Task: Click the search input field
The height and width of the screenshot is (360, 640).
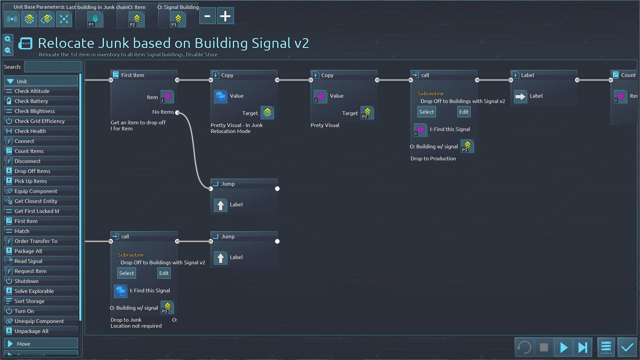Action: pyautogui.click(x=53, y=67)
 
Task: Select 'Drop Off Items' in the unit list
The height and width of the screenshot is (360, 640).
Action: pyautogui.click(x=32, y=171)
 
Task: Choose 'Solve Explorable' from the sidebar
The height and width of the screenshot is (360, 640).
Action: pyautogui.click(x=34, y=291)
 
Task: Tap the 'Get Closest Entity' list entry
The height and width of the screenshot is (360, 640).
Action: pyautogui.click(x=36, y=201)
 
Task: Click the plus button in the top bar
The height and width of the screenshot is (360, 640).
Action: pyautogui.click(x=225, y=16)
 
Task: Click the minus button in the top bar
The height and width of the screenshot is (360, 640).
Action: pyautogui.click(x=207, y=16)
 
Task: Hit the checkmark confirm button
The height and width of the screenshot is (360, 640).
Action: pyautogui.click(x=627, y=347)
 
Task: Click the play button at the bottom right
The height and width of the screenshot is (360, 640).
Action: pyautogui.click(x=563, y=347)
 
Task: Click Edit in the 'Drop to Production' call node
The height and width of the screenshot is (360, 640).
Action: pyautogui.click(x=464, y=112)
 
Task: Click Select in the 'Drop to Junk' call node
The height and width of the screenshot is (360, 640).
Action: pyautogui.click(x=127, y=273)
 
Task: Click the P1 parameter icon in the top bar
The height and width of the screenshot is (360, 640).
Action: pyautogui.click(x=95, y=19)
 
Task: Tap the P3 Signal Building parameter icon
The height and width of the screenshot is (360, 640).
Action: pyautogui.click(x=178, y=19)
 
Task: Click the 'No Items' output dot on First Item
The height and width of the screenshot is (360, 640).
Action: pyautogui.click(x=177, y=112)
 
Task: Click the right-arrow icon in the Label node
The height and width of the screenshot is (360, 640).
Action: pyautogui.click(x=520, y=97)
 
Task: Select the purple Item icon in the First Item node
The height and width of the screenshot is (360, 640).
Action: pyautogui.click(x=167, y=97)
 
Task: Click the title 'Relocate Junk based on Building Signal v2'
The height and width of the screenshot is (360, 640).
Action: pyautogui.click(x=173, y=43)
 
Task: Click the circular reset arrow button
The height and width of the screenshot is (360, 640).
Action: pyautogui.click(x=524, y=347)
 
